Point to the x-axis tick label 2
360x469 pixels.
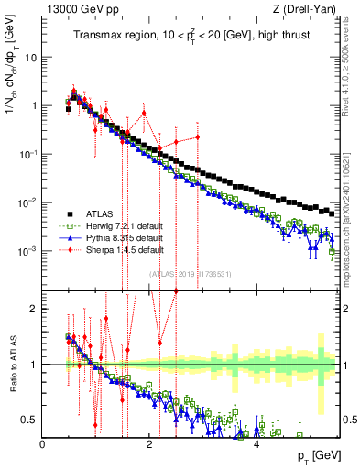coord(149,444)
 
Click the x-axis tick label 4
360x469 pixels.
coord(256,444)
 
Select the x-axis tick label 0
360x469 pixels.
coord(43,444)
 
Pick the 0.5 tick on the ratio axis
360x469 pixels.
coord(30,420)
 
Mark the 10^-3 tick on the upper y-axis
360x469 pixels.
coord(29,250)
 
